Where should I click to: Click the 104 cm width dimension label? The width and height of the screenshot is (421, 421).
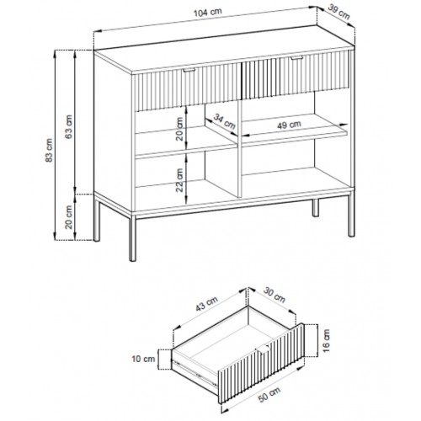208,13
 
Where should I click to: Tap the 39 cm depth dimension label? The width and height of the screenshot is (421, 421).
339,12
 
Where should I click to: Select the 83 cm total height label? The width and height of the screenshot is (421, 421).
49,150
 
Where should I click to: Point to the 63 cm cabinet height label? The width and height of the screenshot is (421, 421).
68,126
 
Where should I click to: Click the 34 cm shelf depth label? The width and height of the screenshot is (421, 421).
224,121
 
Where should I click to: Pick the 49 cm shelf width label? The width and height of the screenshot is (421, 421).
289,125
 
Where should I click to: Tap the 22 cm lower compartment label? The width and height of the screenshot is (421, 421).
179,180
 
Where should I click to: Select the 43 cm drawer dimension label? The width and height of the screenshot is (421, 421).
207,304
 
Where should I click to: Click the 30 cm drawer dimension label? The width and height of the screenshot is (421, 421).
274,296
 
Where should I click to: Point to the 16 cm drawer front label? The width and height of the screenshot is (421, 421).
326,341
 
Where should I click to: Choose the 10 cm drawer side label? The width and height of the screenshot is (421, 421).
143,359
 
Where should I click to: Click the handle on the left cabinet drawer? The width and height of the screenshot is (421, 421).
189,70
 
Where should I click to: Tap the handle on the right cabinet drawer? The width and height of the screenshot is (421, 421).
296,58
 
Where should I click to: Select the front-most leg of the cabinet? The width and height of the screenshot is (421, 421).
133,238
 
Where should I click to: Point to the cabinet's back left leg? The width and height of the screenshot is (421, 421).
97,218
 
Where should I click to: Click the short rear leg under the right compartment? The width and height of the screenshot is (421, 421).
316,208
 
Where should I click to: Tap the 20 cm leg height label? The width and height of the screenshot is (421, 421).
69,217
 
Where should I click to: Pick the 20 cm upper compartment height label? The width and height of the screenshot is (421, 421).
179,129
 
